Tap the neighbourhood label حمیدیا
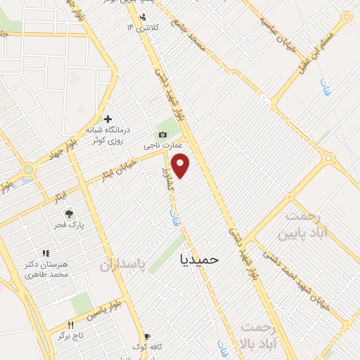coord(200,259)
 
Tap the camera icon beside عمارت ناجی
coord(163,134)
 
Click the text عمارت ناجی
coord(163,146)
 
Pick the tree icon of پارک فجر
coord(69,213)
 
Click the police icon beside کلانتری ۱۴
coord(143,18)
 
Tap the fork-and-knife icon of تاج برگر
coord(70,325)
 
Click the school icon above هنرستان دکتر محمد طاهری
coord(46,252)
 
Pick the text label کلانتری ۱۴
coord(143,27)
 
